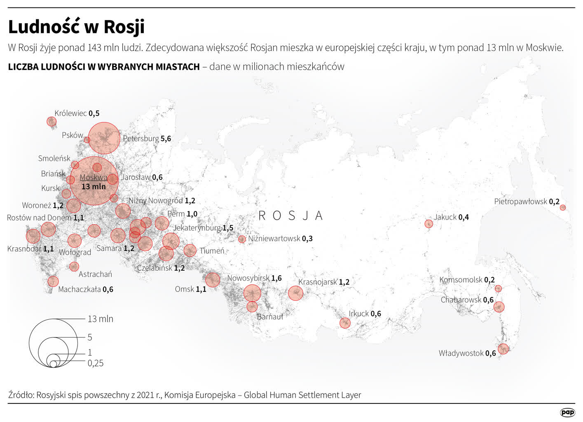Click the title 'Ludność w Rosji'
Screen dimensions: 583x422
tap(76, 27)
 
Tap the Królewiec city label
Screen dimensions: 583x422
tap(77, 113)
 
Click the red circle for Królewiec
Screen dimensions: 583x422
tap(52, 122)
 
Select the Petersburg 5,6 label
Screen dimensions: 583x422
tap(147, 138)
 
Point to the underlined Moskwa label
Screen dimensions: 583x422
tap(93, 178)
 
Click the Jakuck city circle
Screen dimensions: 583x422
tap(428, 224)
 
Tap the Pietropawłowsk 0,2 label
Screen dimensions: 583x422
tap(527, 202)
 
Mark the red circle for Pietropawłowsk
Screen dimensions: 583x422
tap(563, 208)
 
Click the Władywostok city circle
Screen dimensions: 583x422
tap(503, 349)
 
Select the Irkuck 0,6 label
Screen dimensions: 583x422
tap(365, 314)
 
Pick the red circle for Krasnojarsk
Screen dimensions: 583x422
tap(295, 293)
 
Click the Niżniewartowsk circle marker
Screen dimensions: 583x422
tap(242, 239)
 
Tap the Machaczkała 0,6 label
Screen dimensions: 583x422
tap(86, 289)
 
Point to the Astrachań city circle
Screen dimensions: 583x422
tap(74, 267)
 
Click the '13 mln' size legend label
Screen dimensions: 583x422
tap(100, 319)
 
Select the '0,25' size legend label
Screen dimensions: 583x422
tap(95, 363)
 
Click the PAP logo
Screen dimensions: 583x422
tap(567, 412)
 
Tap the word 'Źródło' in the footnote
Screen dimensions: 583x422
tap(20, 395)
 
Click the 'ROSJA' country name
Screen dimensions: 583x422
tap(290, 216)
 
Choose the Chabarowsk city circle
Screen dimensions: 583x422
tap(499, 307)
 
